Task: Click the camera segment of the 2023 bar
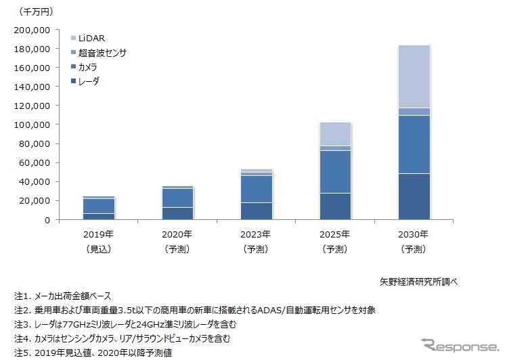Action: coord(257,189)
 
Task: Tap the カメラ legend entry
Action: coord(88,67)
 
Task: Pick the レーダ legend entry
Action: coord(88,81)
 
